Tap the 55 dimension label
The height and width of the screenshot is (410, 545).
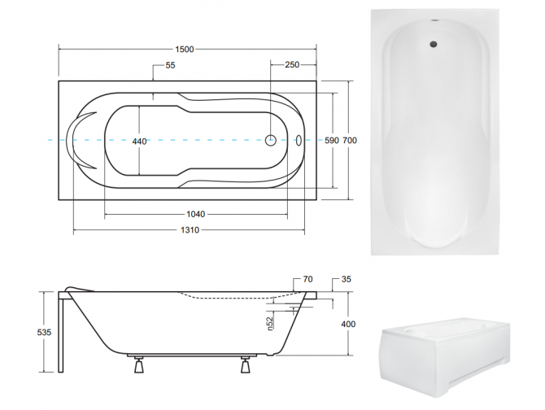(170, 66)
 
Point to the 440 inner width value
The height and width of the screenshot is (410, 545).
(139, 142)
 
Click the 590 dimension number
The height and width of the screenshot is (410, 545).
(331, 141)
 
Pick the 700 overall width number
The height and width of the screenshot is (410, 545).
(349, 141)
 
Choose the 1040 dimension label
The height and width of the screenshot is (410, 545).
(194, 214)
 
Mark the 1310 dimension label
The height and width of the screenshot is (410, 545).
(189, 230)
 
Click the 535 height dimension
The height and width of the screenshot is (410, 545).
(44, 332)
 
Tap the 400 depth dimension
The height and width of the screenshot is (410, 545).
(348, 325)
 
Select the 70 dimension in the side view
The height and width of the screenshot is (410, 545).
(307, 280)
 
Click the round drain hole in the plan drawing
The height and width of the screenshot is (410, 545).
(270, 140)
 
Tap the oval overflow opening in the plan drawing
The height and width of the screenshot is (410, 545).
(299, 140)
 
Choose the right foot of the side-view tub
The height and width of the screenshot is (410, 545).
(245, 364)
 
